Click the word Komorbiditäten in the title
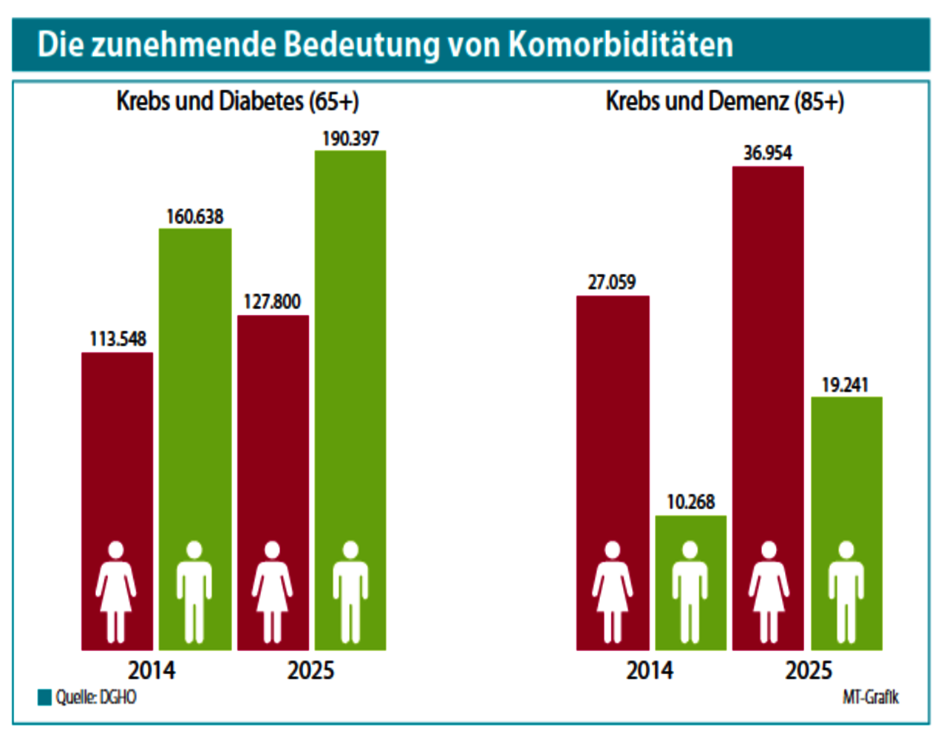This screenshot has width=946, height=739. point(620,45)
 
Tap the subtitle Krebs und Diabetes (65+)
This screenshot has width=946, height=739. point(237,101)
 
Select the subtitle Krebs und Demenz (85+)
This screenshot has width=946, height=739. point(724,101)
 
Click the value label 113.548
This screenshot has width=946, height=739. point(118,339)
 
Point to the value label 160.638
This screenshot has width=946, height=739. point(195,217)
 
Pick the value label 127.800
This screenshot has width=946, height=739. point(273,302)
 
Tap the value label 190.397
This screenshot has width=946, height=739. point(350,139)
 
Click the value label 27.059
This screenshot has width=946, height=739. point(612,282)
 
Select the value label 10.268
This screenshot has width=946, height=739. point(691,503)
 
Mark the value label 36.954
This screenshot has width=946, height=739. point(768,154)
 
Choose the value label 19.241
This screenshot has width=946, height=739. point(845,385)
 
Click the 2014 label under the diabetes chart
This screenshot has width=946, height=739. point(152,670)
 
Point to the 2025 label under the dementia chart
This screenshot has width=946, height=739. point(808,670)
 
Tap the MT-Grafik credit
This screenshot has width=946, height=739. point(871,698)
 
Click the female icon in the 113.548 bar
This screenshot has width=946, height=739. point(116,591)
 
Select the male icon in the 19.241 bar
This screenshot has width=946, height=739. point(846,591)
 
